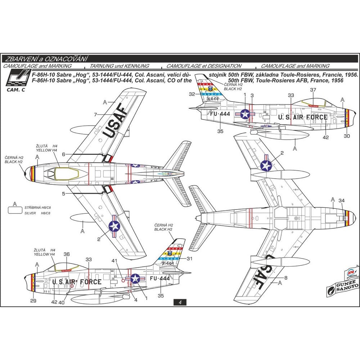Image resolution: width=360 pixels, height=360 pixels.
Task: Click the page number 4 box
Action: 179,303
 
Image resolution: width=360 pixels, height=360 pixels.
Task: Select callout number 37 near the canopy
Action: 313,90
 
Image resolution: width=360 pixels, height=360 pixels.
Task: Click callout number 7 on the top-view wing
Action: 95,114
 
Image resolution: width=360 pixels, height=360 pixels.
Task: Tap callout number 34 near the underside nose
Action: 342,200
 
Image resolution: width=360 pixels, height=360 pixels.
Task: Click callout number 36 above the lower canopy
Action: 67,254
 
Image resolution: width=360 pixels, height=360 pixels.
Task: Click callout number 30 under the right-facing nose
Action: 347,136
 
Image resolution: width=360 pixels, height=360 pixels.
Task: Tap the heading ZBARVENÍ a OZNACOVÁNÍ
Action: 46,59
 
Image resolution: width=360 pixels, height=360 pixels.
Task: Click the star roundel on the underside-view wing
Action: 266,165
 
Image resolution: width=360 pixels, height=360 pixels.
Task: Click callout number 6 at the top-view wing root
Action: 63,154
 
